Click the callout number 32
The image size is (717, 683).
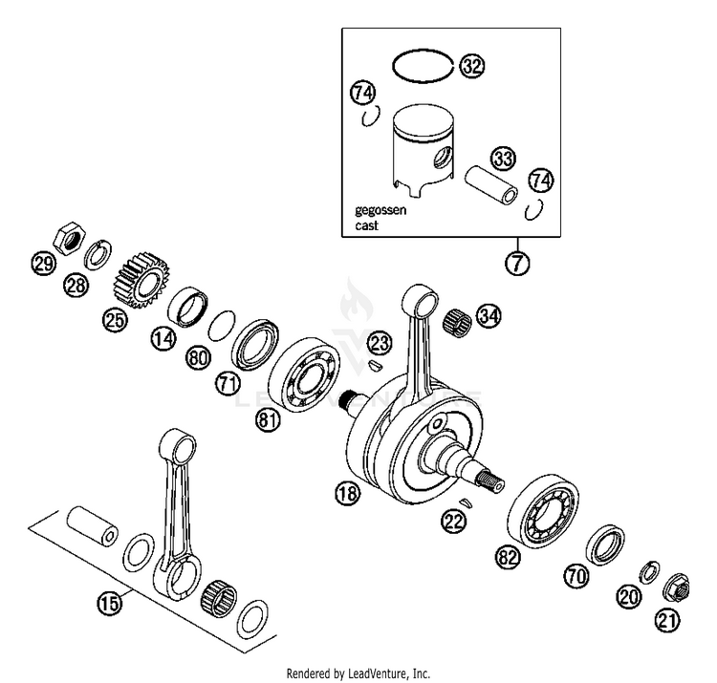click(471, 66)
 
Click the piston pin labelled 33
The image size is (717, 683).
click(493, 185)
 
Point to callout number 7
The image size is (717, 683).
click(517, 264)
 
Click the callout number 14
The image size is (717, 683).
click(163, 336)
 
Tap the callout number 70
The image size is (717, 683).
click(575, 576)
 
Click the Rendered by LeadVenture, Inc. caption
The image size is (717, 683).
click(358, 672)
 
